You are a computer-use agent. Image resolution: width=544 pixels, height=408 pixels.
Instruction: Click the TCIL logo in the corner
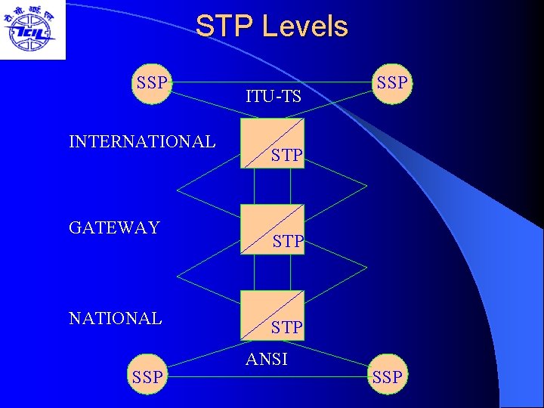tap(32, 30)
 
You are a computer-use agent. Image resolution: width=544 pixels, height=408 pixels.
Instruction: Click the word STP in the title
tap(224, 26)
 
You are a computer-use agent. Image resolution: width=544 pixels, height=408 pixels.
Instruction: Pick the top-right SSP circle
tap(391, 83)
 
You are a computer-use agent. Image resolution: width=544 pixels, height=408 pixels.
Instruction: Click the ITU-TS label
tap(274, 97)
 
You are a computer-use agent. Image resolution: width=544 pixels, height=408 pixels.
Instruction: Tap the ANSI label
tap(267, 360)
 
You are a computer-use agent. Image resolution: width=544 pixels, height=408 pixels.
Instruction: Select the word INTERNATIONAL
tap(142, 141)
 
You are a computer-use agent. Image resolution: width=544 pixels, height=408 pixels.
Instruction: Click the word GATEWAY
tap(114, 227)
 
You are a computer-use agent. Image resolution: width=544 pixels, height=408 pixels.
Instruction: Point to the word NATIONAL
tap(116, 318)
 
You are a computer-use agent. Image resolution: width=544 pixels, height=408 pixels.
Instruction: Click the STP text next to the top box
tap(288, 156)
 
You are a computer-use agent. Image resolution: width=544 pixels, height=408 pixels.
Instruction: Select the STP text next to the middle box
tap(288, 243)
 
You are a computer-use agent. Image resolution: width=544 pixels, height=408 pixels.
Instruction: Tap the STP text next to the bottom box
tap(288, 328)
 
